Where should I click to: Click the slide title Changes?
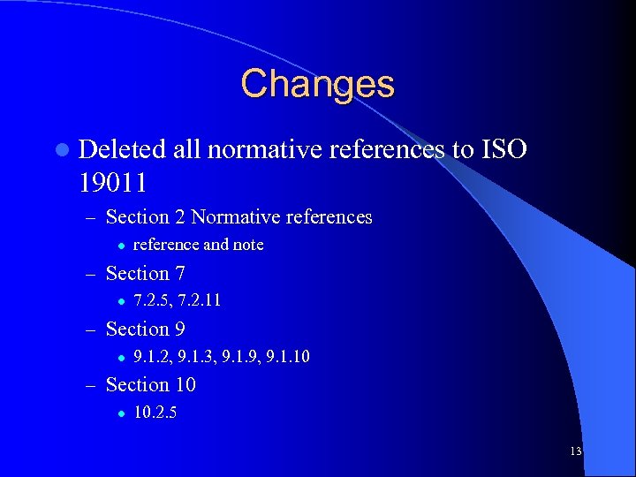tap(317, 85)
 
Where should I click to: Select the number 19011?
tap(112, 184)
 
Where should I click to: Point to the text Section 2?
tap(146, 217)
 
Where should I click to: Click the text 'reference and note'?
tap(198, 245)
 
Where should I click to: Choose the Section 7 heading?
tap(145, 274)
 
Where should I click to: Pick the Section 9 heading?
tap(145, 329)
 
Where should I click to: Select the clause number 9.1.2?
tap(151, 357)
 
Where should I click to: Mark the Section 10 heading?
tap(150, 385)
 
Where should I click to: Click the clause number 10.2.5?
tap(155, 413)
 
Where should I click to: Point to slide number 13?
tap(575, 451)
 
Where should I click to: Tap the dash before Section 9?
tap(91, 329)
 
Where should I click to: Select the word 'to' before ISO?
tap(462, 150)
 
